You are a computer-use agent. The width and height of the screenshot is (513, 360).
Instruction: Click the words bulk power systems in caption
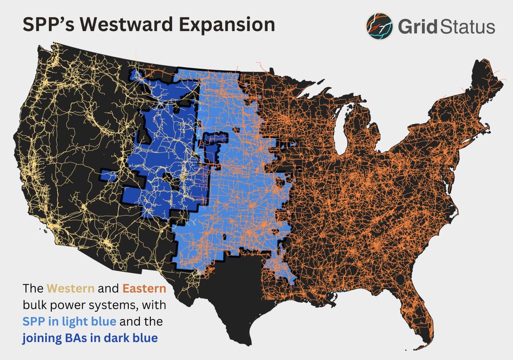[x=74, y=305]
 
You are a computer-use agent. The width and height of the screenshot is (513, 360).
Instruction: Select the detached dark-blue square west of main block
[x=108, y=176]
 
